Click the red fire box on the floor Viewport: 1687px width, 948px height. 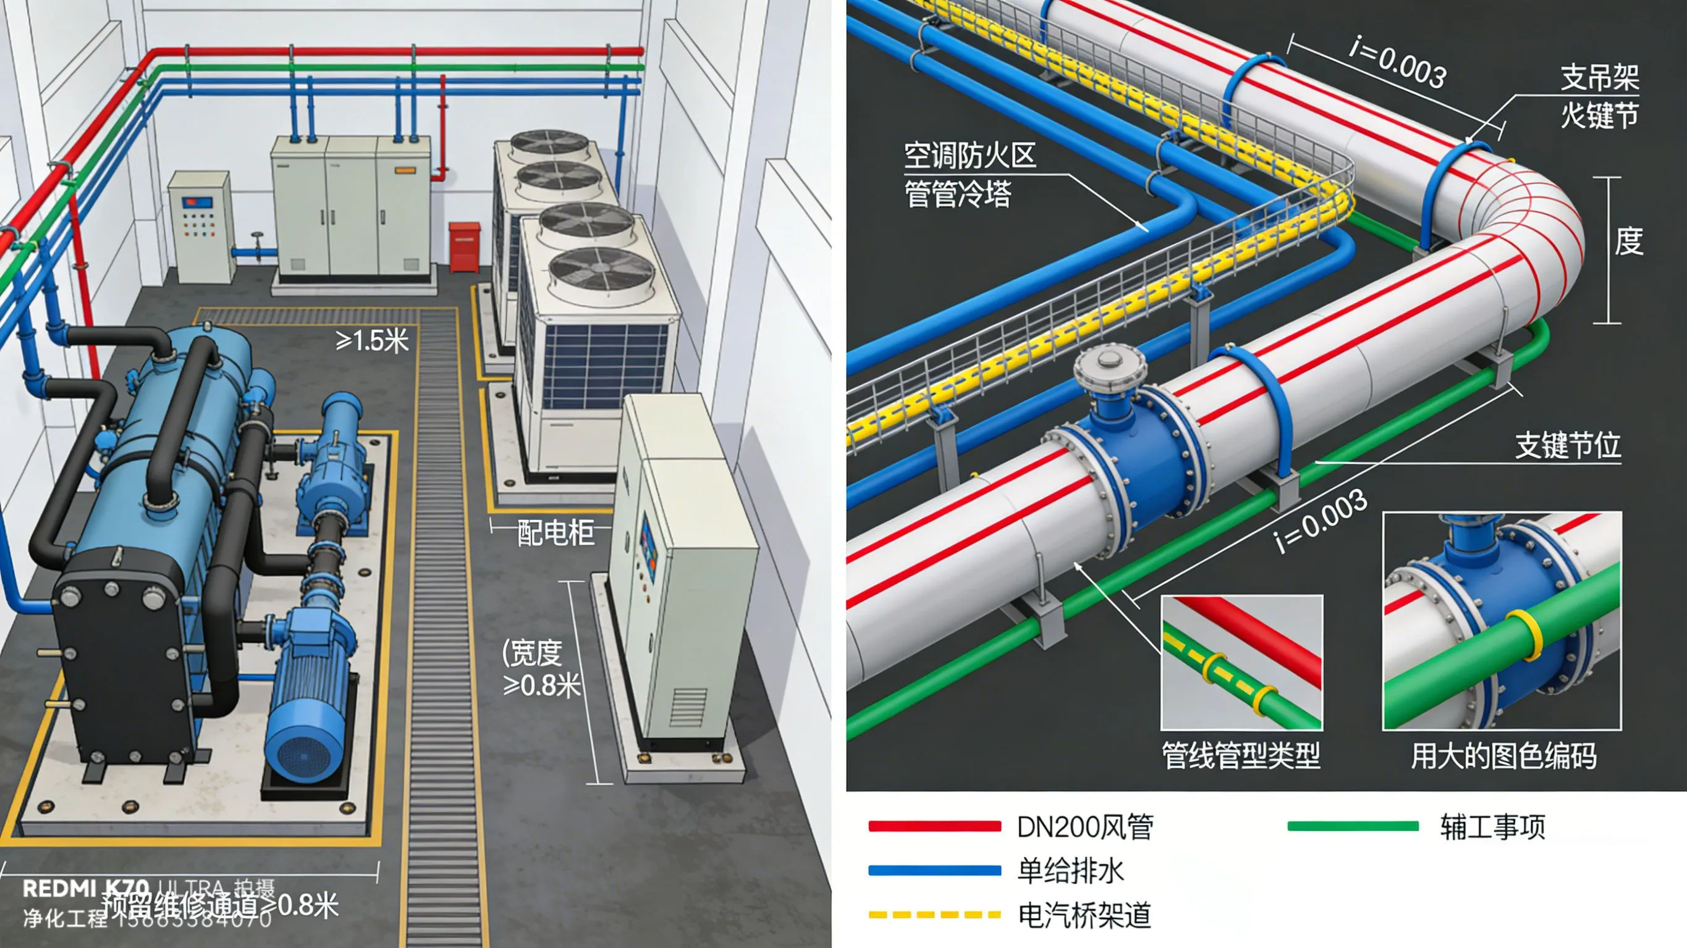coord(465,246)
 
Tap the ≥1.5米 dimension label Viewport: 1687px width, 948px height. coord(372,340)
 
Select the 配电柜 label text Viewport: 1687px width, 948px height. coord(556,532)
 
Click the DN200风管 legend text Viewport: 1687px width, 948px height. coord(1085,827)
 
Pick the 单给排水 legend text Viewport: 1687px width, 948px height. coord(1070,871)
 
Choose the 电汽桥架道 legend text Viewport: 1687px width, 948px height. coord(1084,915)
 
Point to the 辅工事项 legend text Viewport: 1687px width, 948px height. coord(1492,827)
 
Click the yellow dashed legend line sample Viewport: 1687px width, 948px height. coord(934,915)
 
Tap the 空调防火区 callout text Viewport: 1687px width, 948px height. coord(969,156)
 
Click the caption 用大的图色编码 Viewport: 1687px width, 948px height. coord(1503,756)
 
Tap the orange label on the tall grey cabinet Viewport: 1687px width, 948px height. coord(404,170)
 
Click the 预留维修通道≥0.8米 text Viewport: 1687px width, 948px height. coord(219,906)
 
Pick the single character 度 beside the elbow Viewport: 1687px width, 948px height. coord(1628,241)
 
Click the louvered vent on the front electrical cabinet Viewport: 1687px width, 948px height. coord(688,707)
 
